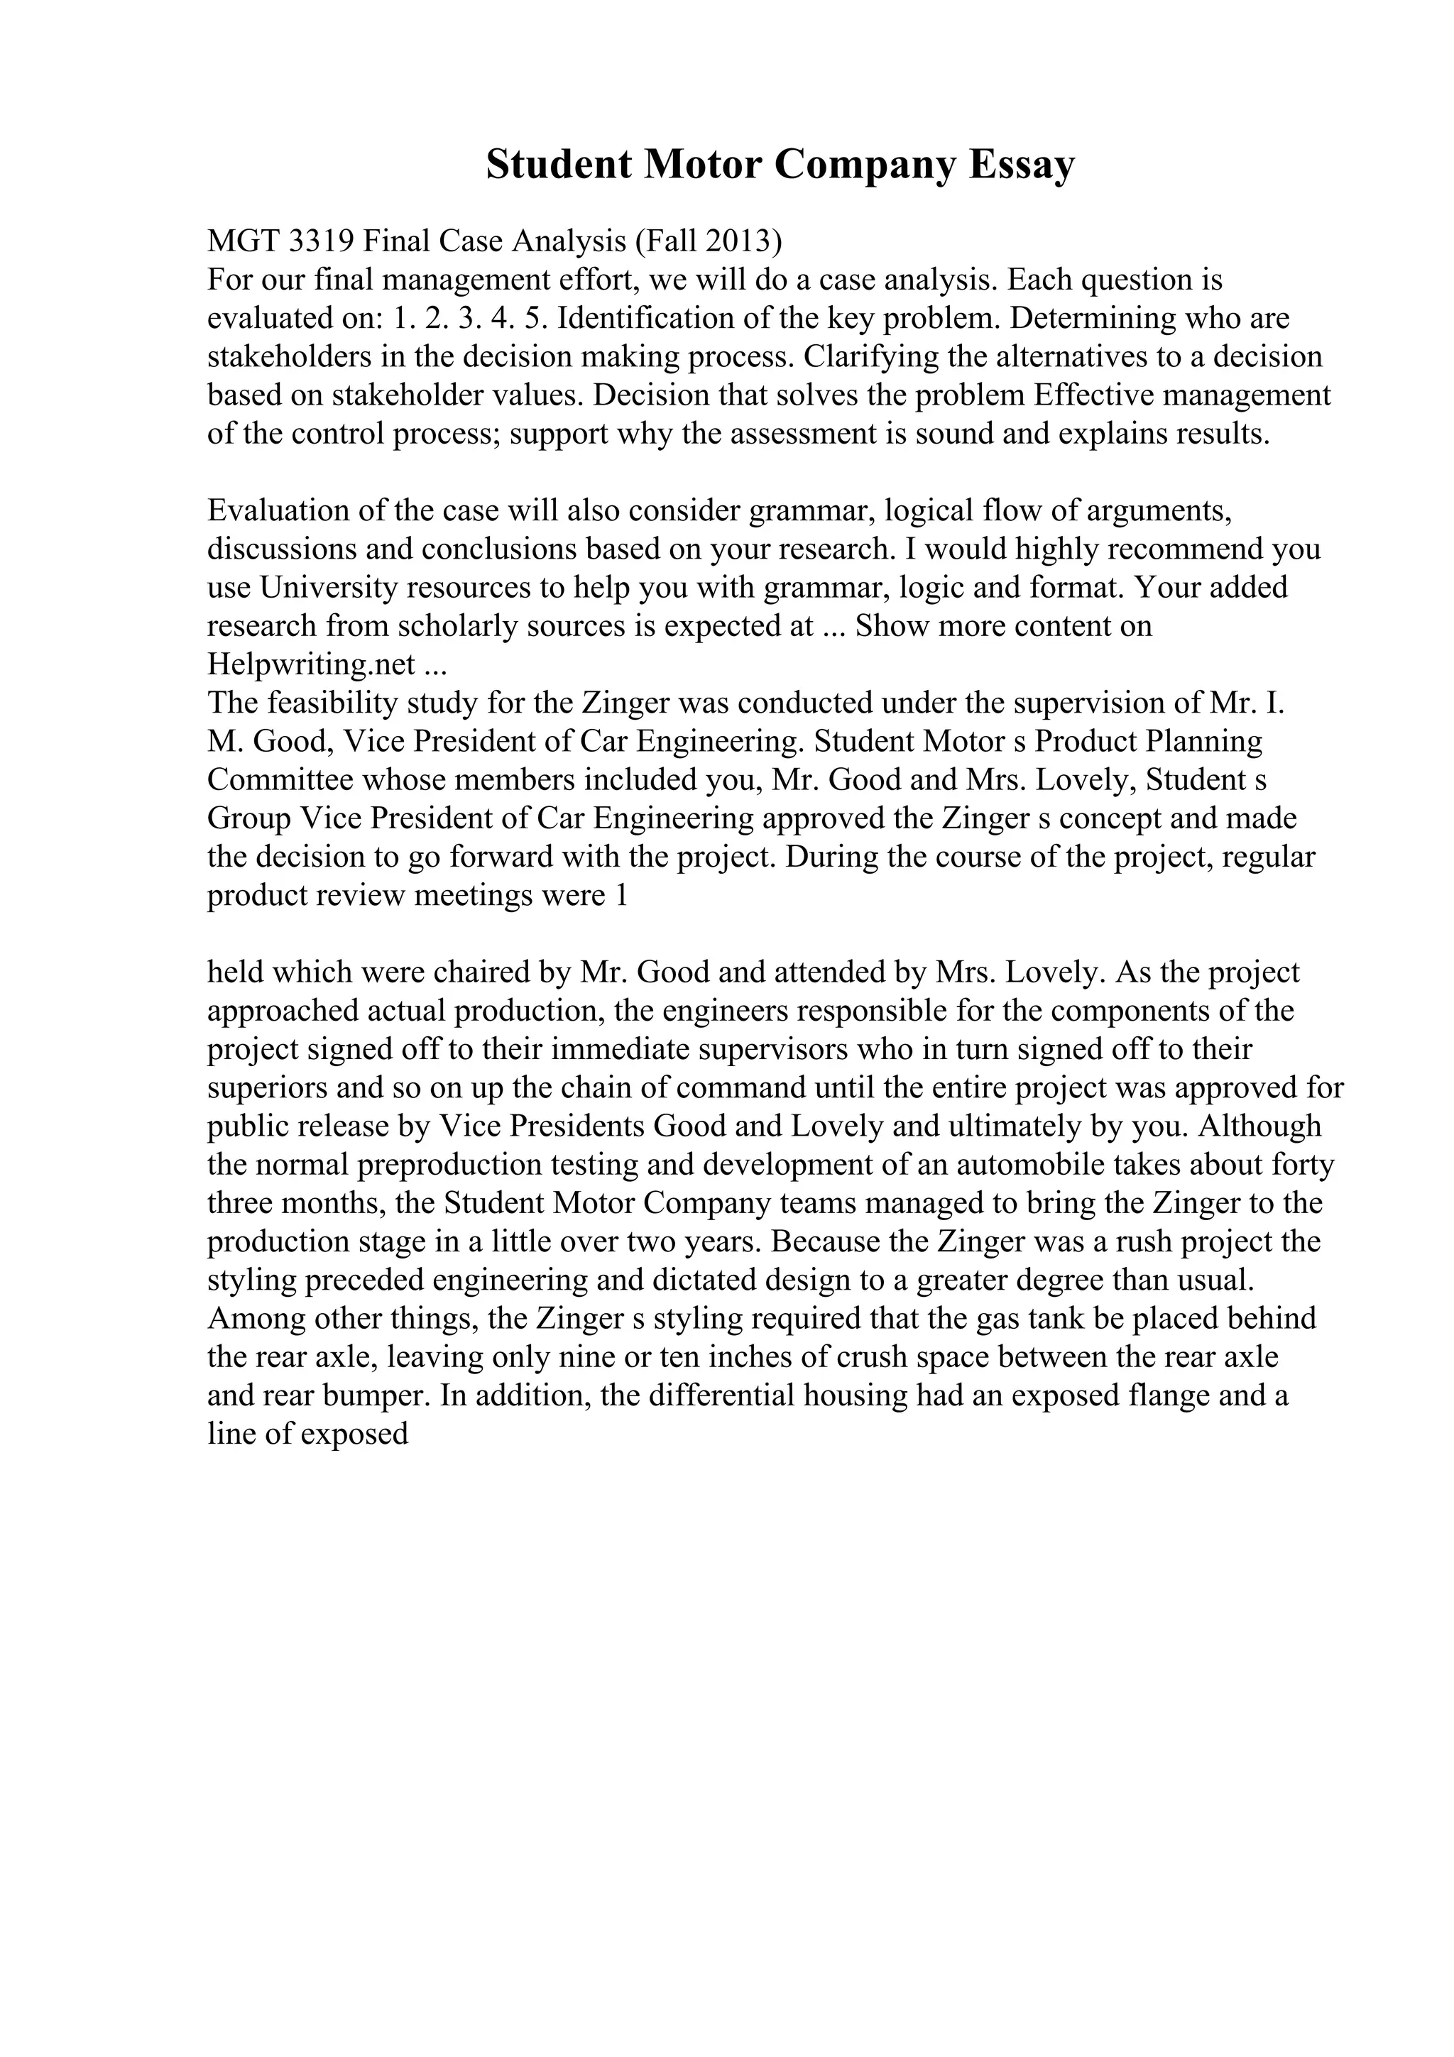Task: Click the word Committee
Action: (x=280, y=780)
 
